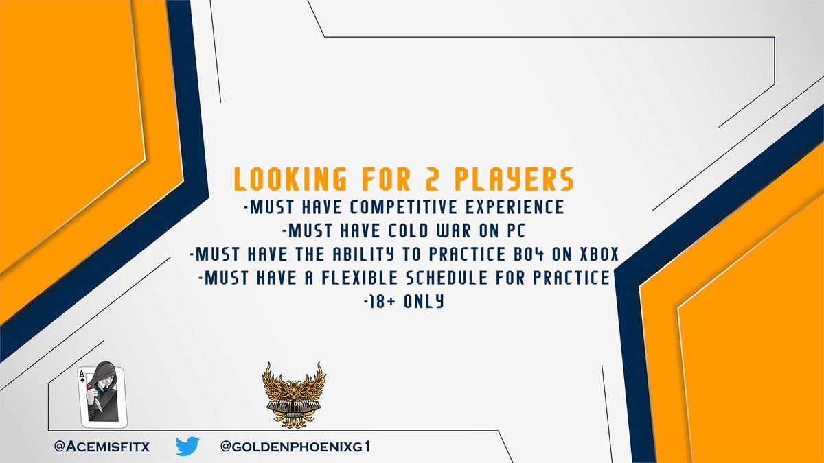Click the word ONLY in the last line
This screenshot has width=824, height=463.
426,300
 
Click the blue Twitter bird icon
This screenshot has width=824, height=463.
187,447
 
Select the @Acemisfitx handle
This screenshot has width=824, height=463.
102,447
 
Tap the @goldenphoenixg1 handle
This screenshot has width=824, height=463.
295,447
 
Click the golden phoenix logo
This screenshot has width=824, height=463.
295,396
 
